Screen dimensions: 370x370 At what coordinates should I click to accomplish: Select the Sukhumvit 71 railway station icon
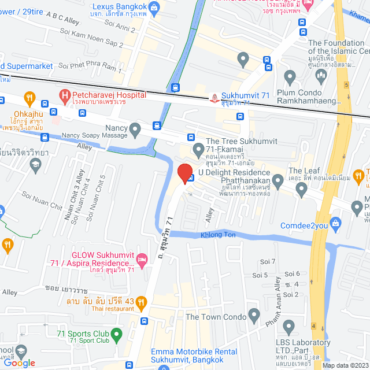215,98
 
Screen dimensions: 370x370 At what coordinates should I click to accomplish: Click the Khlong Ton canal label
218,235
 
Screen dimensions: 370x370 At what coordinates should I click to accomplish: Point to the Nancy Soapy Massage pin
135,128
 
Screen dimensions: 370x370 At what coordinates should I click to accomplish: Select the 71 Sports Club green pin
116,334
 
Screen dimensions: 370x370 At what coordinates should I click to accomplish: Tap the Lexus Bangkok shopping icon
154,8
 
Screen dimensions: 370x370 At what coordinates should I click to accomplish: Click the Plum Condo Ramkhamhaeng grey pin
290,75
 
